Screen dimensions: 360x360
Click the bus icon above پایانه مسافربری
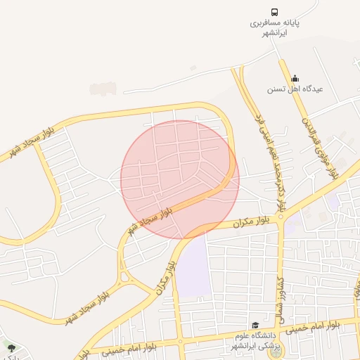coord(274,12)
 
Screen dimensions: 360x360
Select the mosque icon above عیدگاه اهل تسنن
coord(295,78)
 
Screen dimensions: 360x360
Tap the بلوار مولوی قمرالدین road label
coord(321,147)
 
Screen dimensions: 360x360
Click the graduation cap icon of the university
coord(255,325)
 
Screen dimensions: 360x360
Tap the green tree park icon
coord(10,347)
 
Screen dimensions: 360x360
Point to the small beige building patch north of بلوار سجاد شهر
coord(103,89)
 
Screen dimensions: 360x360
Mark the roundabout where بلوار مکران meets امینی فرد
coord(281,217)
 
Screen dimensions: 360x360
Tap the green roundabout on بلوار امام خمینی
coord(272,351)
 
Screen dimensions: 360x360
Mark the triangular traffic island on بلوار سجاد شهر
coord(125,276)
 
